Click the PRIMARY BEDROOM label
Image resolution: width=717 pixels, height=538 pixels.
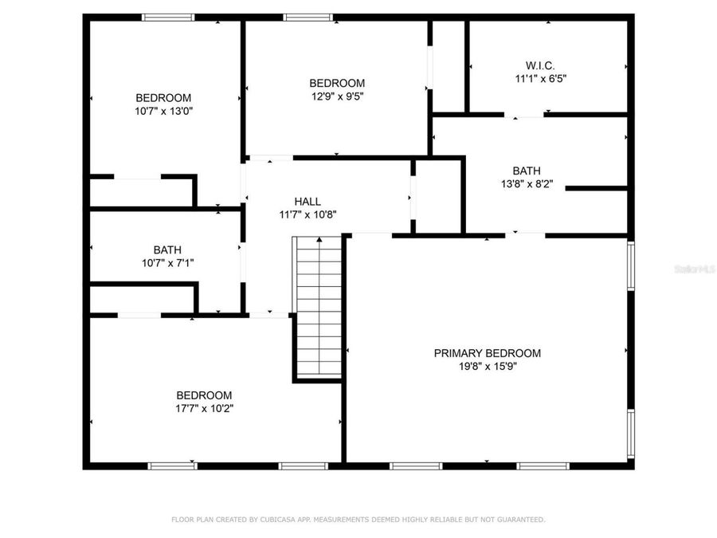(487, 353)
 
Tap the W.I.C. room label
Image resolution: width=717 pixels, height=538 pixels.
(539, 65)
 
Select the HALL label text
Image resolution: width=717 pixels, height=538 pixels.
(308, 202)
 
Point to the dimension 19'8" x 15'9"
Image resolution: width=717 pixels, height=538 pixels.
(487, 367)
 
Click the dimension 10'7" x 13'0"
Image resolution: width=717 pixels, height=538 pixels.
(163, 112)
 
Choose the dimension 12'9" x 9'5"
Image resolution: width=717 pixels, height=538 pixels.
(337, 96)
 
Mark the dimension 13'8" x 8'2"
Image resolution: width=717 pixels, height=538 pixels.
(527, 184)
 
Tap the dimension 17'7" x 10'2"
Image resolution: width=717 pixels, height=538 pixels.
(204, 409)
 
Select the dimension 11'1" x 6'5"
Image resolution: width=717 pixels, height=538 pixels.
(540, 79)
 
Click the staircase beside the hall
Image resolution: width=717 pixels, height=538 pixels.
(319, 307)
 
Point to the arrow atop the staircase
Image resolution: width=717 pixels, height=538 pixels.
(319, 239)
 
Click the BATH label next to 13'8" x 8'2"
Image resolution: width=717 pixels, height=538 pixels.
(527, 171)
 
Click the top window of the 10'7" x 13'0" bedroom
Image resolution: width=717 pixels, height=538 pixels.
(167, 17)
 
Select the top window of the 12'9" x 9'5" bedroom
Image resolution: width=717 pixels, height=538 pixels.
(308, 17)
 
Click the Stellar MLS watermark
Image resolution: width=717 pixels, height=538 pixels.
(694, 270)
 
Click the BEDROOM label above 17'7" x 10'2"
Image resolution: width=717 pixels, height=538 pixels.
(204, 395)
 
